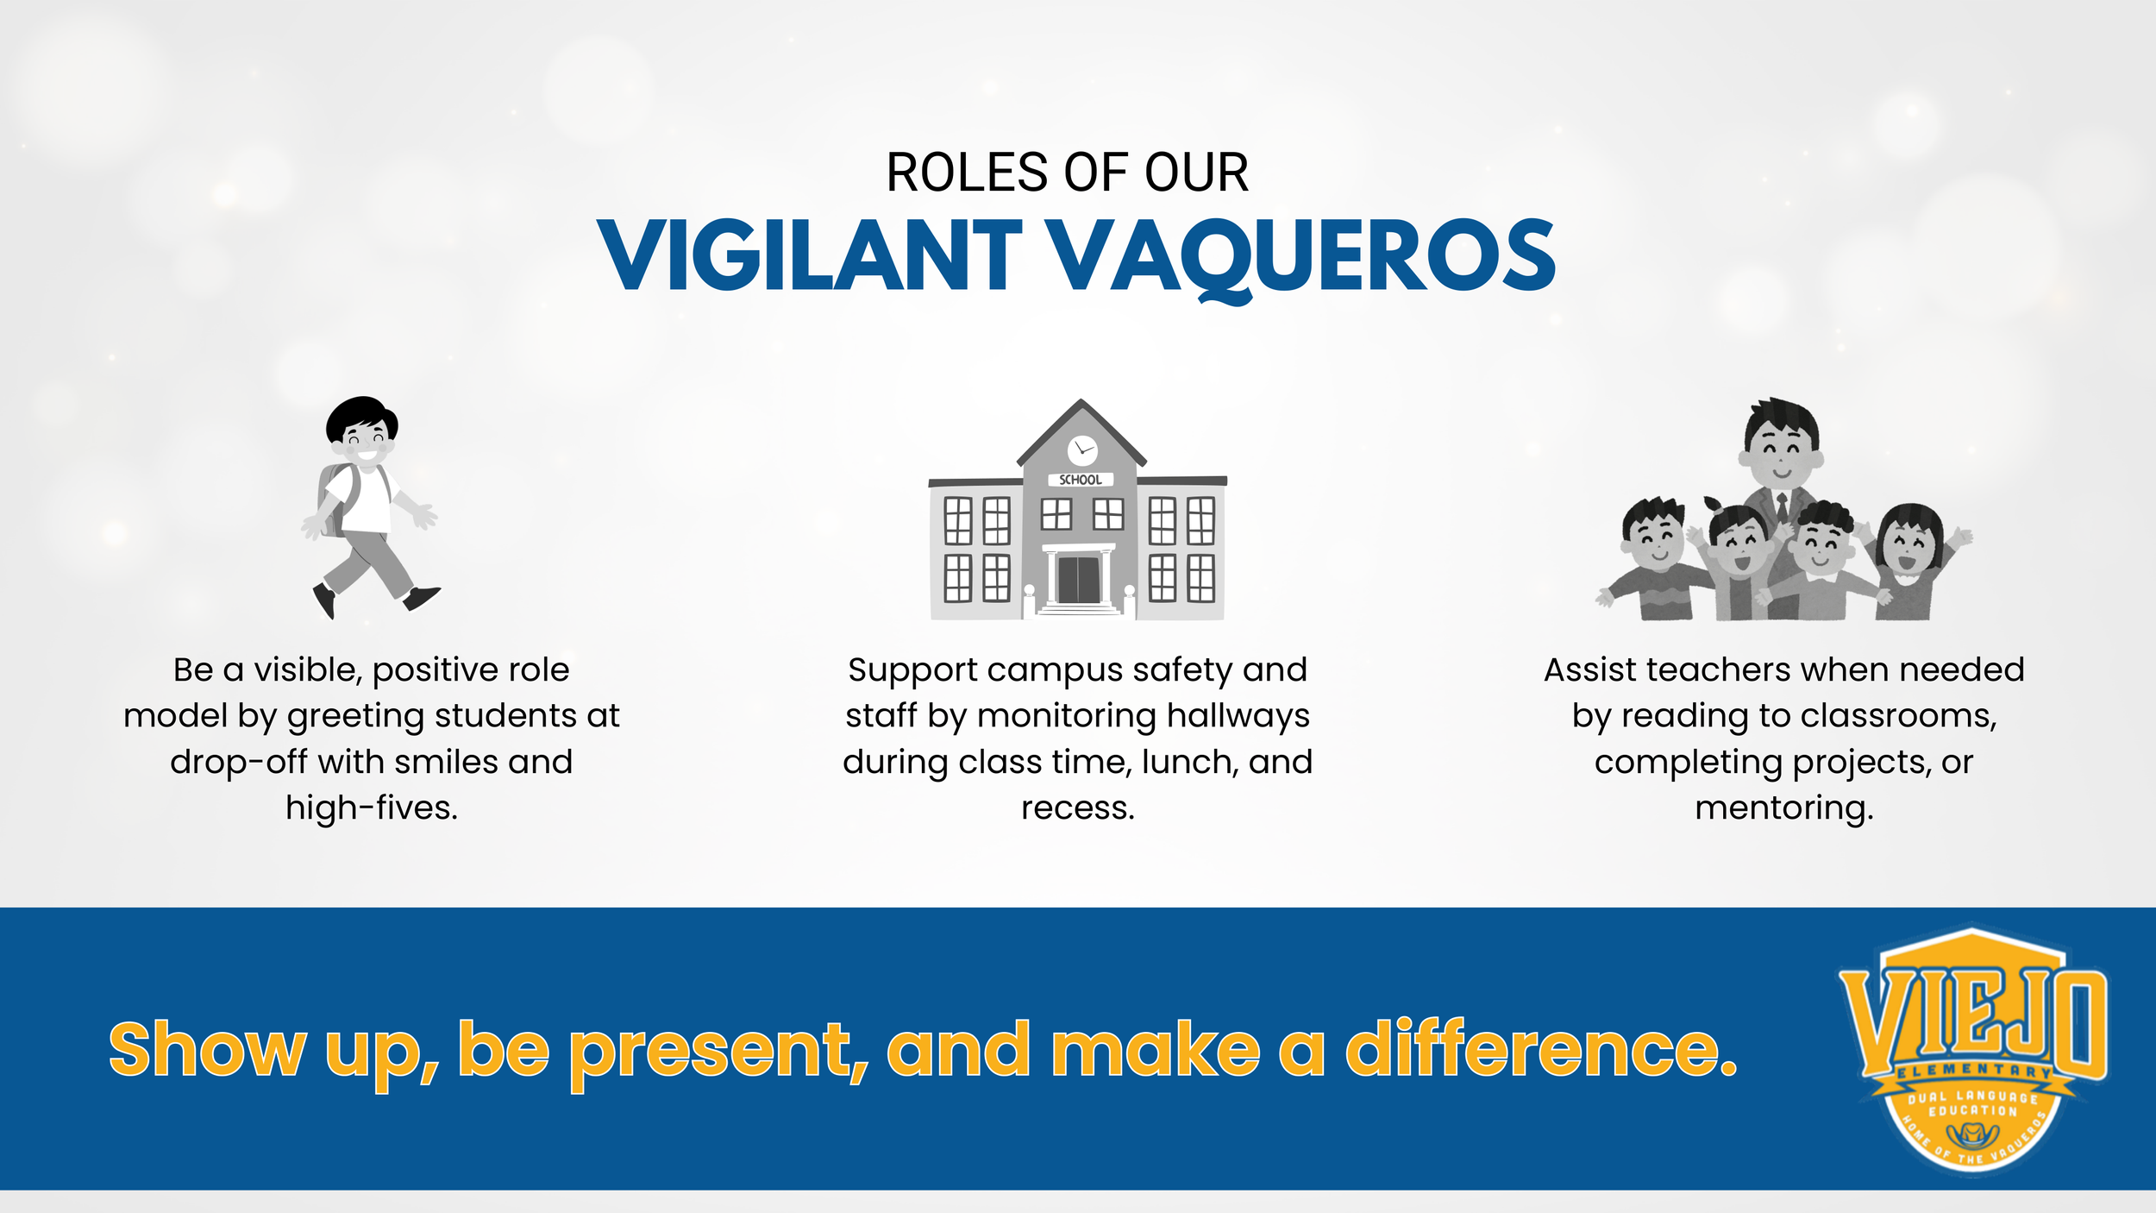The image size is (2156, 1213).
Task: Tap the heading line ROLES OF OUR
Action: pyautogui.click(x=1067, y=173)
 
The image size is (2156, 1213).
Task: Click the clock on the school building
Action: pyautogui.click(x=1081, y=449)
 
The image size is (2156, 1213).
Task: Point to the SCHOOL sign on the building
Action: pyautogui.click(x=1080, y=480)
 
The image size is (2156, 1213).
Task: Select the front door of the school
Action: pyautogui.click(x=1078, y=580)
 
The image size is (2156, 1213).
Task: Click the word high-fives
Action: pyautogui.click(x=372, y=808)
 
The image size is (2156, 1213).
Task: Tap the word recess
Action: pyautogui.click(x=1077, y=808)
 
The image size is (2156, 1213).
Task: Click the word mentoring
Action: pyautogui.click(x=1783, y=808)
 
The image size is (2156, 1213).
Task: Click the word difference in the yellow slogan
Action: pyautogui.click(x=1540, y=1050)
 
